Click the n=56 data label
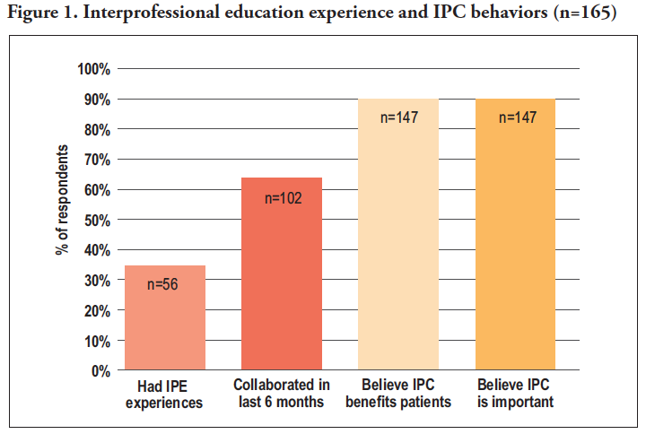tap(163, 284)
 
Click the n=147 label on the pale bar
tap(398, 117)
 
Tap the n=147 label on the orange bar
tap(516, 117)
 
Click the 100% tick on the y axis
tap(94, 69)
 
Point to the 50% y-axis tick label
tap(97, 220)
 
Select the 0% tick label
tap(100, 370)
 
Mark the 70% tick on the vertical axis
tap(97, 160)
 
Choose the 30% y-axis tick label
tap(97, 280)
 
